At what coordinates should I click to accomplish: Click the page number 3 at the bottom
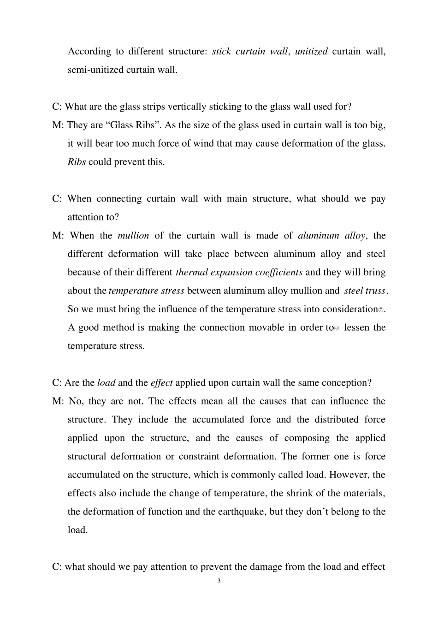pyautogui.click(x=219, y=581)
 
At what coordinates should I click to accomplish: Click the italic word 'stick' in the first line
pyautogui.click(x=221, y=51)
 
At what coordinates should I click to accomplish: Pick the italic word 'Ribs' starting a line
pyautogui.click(x=77, y=162)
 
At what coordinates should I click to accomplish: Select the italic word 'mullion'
pyautogui.click(x=133, y=235)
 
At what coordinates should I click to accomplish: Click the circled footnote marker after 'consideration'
pyautogui.click(x=381, y=310)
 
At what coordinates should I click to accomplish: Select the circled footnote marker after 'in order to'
pyautogui.click(x=337, y=328)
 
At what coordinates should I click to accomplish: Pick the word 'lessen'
pyautogui.click(x=356, y=328)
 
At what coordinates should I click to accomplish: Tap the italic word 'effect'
pyautogui.click(x=161, y=382)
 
